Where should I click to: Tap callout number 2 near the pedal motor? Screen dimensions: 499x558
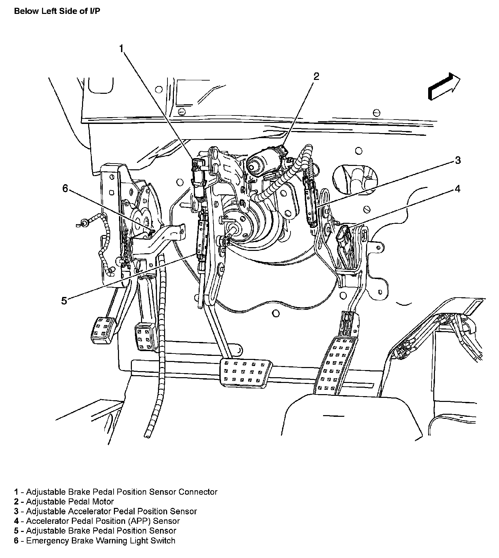coord(316,77)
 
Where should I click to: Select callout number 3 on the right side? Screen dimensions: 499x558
coord(458,160)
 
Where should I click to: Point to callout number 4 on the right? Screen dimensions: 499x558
coord(457,189)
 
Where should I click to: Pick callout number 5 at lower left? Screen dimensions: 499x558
coord(64,300)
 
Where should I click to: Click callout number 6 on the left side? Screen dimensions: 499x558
coord(65,189)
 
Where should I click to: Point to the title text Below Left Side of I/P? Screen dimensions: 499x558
coord(57,11)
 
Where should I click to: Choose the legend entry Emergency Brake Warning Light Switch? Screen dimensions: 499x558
coord(95,540)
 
